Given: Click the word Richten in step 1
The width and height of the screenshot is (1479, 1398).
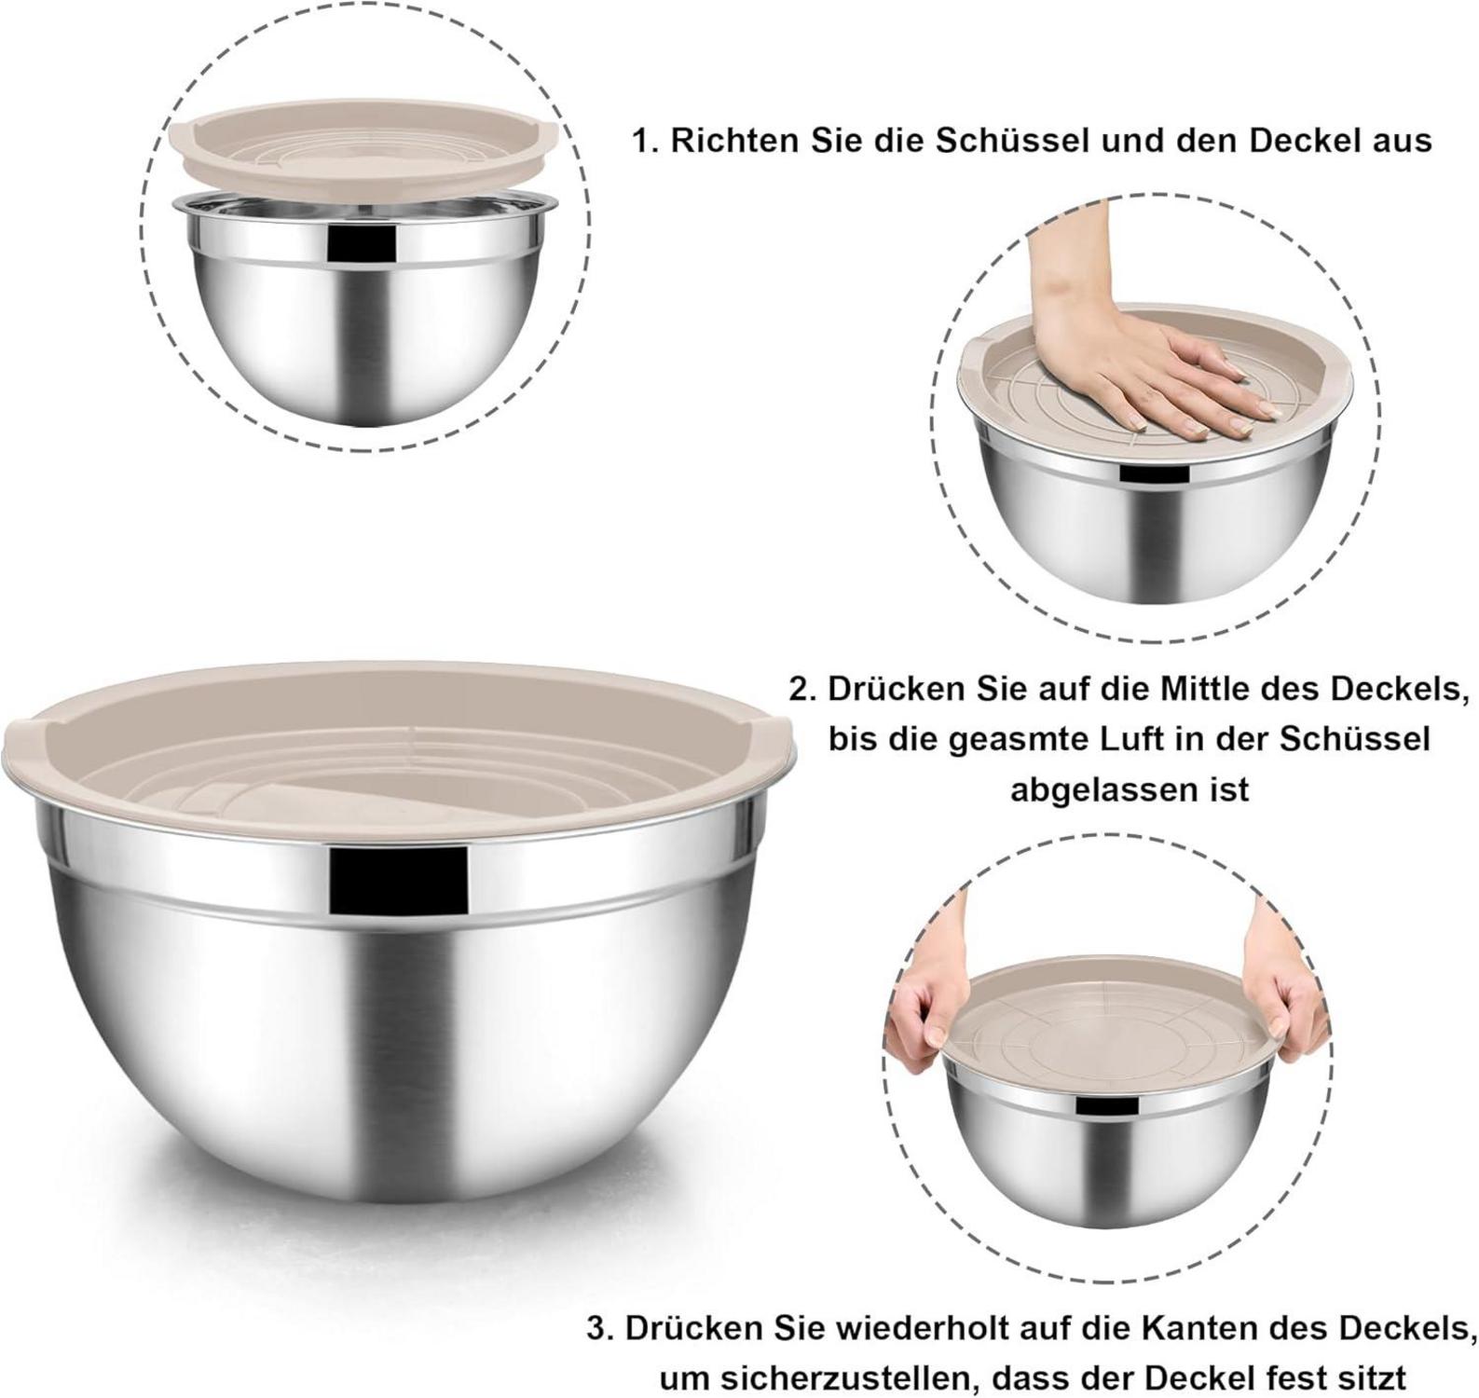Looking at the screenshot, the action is (x=731, y=141).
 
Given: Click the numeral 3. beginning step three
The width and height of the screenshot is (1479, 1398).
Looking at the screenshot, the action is (x=600, y=1328).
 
